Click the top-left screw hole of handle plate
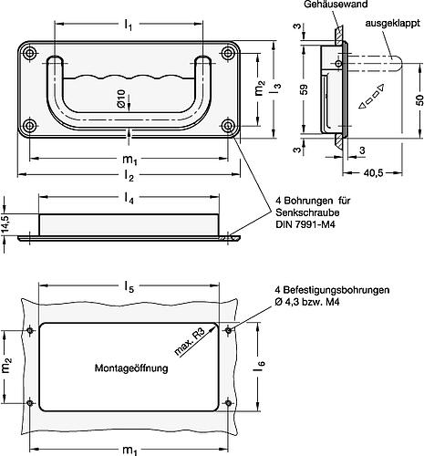(x=33, y=55)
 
